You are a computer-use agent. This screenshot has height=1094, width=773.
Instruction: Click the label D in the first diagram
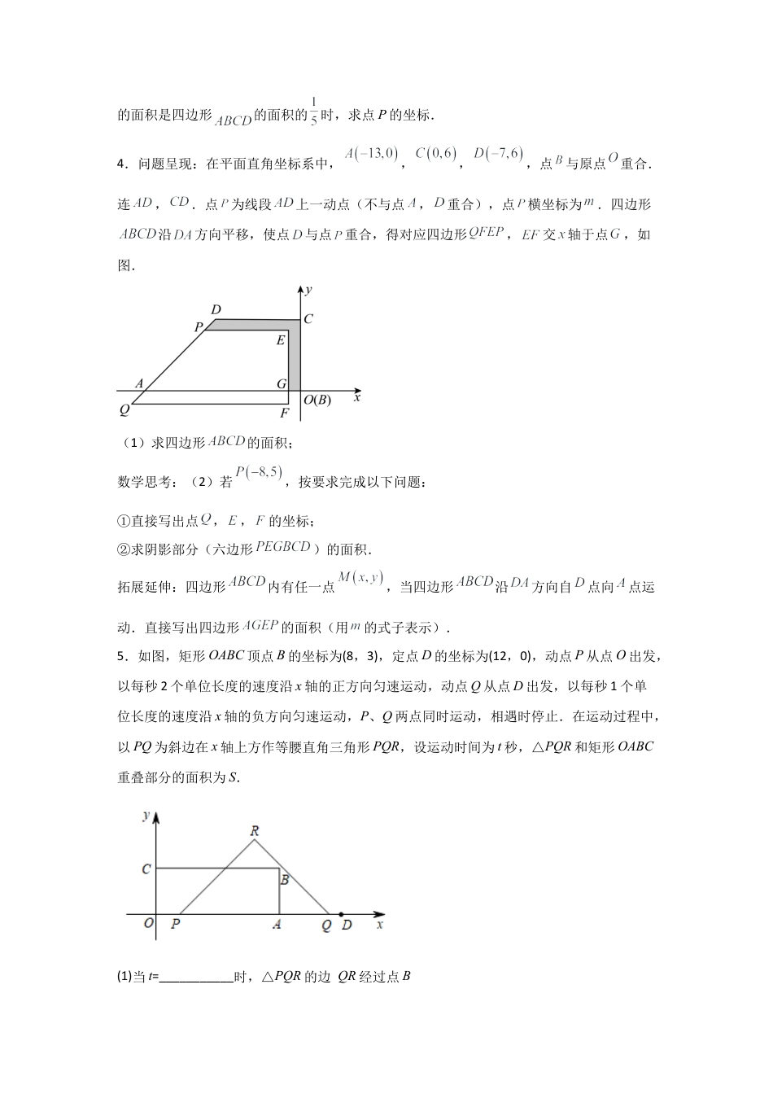216,310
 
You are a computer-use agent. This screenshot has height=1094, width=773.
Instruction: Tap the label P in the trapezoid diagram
198,327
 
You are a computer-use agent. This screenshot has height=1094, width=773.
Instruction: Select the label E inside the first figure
281,340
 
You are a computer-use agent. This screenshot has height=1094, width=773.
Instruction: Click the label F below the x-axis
284,413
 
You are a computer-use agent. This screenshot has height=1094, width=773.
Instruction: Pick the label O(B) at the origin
317,400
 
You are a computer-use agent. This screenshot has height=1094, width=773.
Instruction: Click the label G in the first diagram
282,383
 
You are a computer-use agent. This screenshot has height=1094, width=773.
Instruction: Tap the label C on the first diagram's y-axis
308,320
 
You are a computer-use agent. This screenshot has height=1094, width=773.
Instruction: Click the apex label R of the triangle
255,830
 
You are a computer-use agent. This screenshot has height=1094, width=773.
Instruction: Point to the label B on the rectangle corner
285,879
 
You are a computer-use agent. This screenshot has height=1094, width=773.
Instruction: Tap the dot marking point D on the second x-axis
340,913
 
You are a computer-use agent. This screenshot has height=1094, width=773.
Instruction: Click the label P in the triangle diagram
176,924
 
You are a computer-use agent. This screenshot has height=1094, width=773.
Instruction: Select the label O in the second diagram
148,924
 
